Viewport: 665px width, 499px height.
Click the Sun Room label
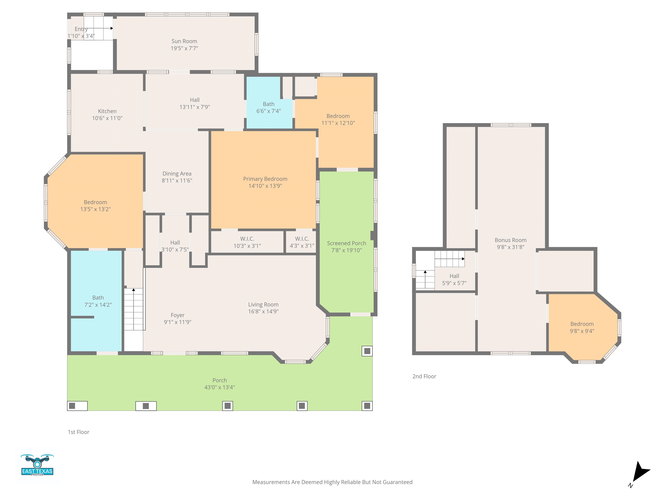pos(184,41)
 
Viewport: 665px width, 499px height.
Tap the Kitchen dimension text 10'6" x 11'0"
pos(107,118)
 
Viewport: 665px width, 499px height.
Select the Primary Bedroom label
pos(265,179)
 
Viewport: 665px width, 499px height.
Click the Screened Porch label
pos(347,243)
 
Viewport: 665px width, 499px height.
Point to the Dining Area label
pos(177,173)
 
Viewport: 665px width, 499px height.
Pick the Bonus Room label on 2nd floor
pos(510,240)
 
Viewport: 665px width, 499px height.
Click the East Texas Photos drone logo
pos(37,465)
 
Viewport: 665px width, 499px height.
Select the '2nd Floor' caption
pos(424,376)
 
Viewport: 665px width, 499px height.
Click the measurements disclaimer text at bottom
pos(332,482)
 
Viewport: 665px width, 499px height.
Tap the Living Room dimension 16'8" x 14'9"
pos(263,312)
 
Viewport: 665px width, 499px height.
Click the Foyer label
pos(178,315)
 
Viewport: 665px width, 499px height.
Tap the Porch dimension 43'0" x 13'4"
pos(220,387)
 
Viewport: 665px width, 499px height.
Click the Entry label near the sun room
pos(81,29)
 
